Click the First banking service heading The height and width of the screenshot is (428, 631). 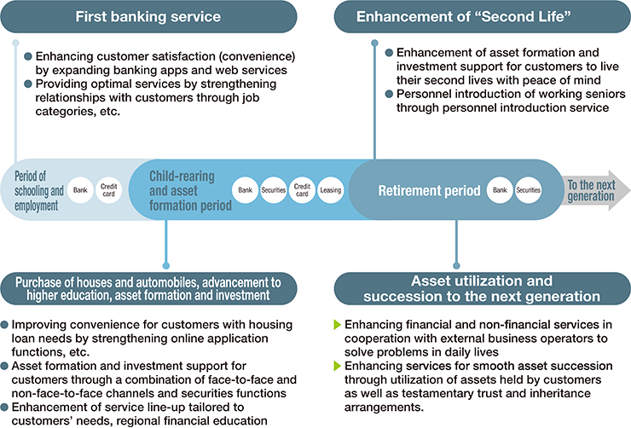tap(148, 16)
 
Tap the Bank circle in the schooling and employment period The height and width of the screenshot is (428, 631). tap(81, 188)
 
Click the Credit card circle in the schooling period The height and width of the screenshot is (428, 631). tap(110, 188)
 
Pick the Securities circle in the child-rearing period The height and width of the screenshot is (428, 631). tap(273, 188)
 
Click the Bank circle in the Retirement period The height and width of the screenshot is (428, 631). tap(499, 189)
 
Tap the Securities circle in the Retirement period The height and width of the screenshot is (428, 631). tap(529, 189)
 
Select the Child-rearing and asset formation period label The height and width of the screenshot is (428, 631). tap(186, 189)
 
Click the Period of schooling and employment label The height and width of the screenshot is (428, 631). tap(39, 190)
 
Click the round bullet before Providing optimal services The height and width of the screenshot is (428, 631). tap(28, 84)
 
